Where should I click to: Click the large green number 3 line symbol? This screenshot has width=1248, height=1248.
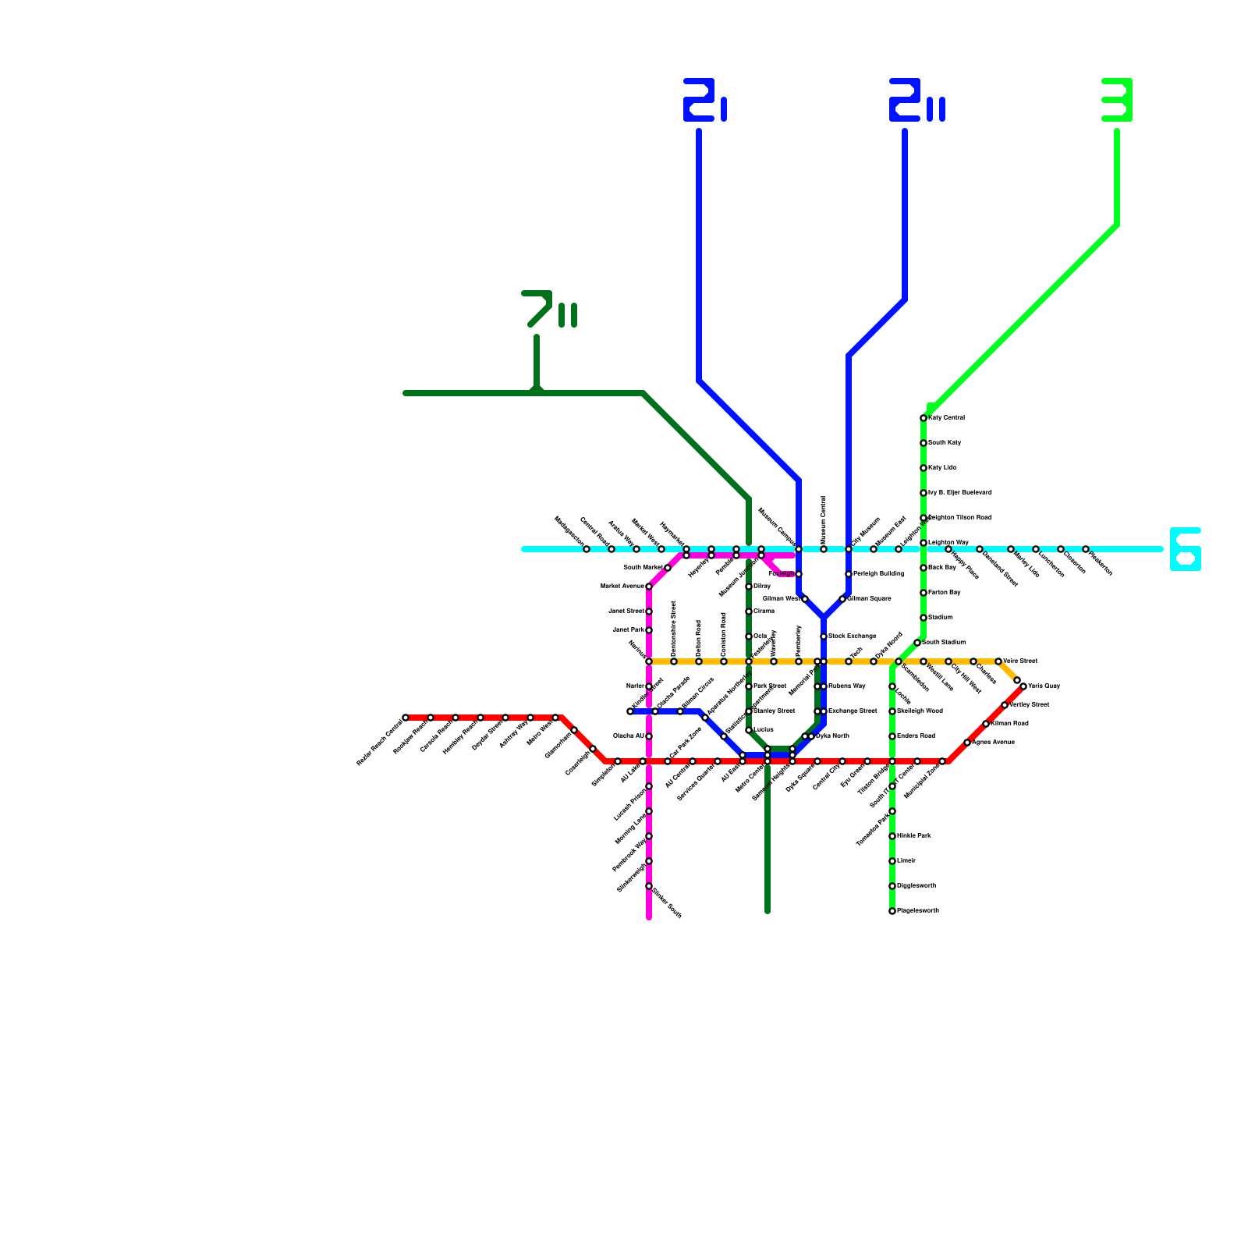(x=1117, y=100)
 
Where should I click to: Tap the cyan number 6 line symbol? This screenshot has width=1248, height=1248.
(x=1185, y=549)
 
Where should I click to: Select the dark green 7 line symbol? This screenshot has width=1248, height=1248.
(x=548, y=309)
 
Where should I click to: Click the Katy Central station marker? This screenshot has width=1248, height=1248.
(x=924, y=418)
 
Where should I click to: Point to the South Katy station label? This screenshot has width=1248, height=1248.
(x=945, y=443)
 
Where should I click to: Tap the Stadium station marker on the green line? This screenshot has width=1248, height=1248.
(x=924, y=618)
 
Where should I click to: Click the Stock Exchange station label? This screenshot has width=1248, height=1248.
(x=852, y=636)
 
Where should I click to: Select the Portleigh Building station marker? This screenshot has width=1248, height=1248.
(x=849, y=574)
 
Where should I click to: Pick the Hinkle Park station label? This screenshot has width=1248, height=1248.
(x=913, y=836)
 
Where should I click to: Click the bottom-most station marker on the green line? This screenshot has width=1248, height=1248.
(x=892, y=911)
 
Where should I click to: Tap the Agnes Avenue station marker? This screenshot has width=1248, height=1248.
(x=967, y=743)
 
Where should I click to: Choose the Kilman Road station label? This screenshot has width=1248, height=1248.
(x=1009, y=724)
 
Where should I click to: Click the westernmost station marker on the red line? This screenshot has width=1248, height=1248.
(x=406, y=718)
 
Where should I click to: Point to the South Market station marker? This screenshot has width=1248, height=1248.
(x=668, y=568)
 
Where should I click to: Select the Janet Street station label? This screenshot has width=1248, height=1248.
(x=626, y=612)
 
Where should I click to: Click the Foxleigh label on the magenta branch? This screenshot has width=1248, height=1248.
(x=782, y=574)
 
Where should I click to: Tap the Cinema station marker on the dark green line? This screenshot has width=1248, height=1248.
(x=749, y=612)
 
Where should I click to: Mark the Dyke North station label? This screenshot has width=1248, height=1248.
(x=832, y=736)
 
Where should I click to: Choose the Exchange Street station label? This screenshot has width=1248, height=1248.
(x=853, y=711)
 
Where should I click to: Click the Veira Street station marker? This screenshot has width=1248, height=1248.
(x=998, y=661)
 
